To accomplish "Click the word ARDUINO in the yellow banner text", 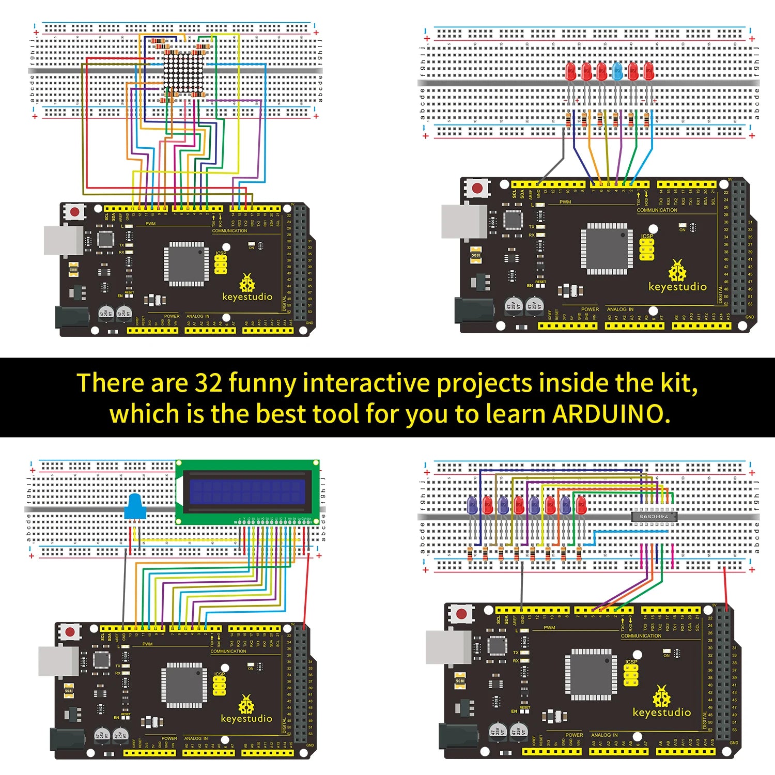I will point(611,414).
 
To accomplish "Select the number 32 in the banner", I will point(209,383).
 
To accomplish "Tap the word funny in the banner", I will point(262,384).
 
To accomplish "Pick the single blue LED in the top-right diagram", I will point(617,72).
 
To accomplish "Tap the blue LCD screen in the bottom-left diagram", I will point(247,492).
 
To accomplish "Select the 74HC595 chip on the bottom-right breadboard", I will point(653,516).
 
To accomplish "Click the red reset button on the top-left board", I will point(75,212).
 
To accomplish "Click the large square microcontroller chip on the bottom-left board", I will point(184,685).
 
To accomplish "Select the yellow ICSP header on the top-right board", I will point(646,250).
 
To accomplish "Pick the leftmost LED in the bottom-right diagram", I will point(472,505).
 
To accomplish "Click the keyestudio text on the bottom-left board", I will point(246,719).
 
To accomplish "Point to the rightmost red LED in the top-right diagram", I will point(648,72).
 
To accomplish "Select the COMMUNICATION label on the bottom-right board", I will point(641,636).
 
